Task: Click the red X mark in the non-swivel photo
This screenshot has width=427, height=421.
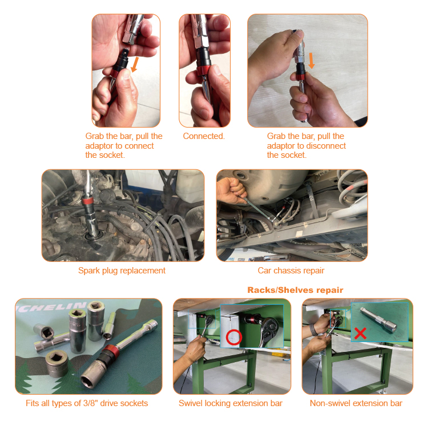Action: [360, 333]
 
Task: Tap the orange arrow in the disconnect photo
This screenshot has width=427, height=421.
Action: [311, 61]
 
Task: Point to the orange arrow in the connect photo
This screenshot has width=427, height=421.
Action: [135, 65]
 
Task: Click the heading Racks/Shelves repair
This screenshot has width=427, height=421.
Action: [295, 290]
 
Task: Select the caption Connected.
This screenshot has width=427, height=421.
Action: [204, 136]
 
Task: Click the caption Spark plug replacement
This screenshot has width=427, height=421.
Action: [122, 271]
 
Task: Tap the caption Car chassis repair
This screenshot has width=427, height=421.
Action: [291, 271]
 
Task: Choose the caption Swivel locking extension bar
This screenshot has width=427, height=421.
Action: [231, 403]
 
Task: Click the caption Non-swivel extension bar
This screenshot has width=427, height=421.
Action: [356, 403]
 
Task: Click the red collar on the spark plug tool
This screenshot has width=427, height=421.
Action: [88, 201]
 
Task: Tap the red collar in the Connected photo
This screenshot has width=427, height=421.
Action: [203, 70]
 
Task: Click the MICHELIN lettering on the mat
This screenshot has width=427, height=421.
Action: [52, 308]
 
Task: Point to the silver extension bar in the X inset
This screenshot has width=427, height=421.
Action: [379, 320]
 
